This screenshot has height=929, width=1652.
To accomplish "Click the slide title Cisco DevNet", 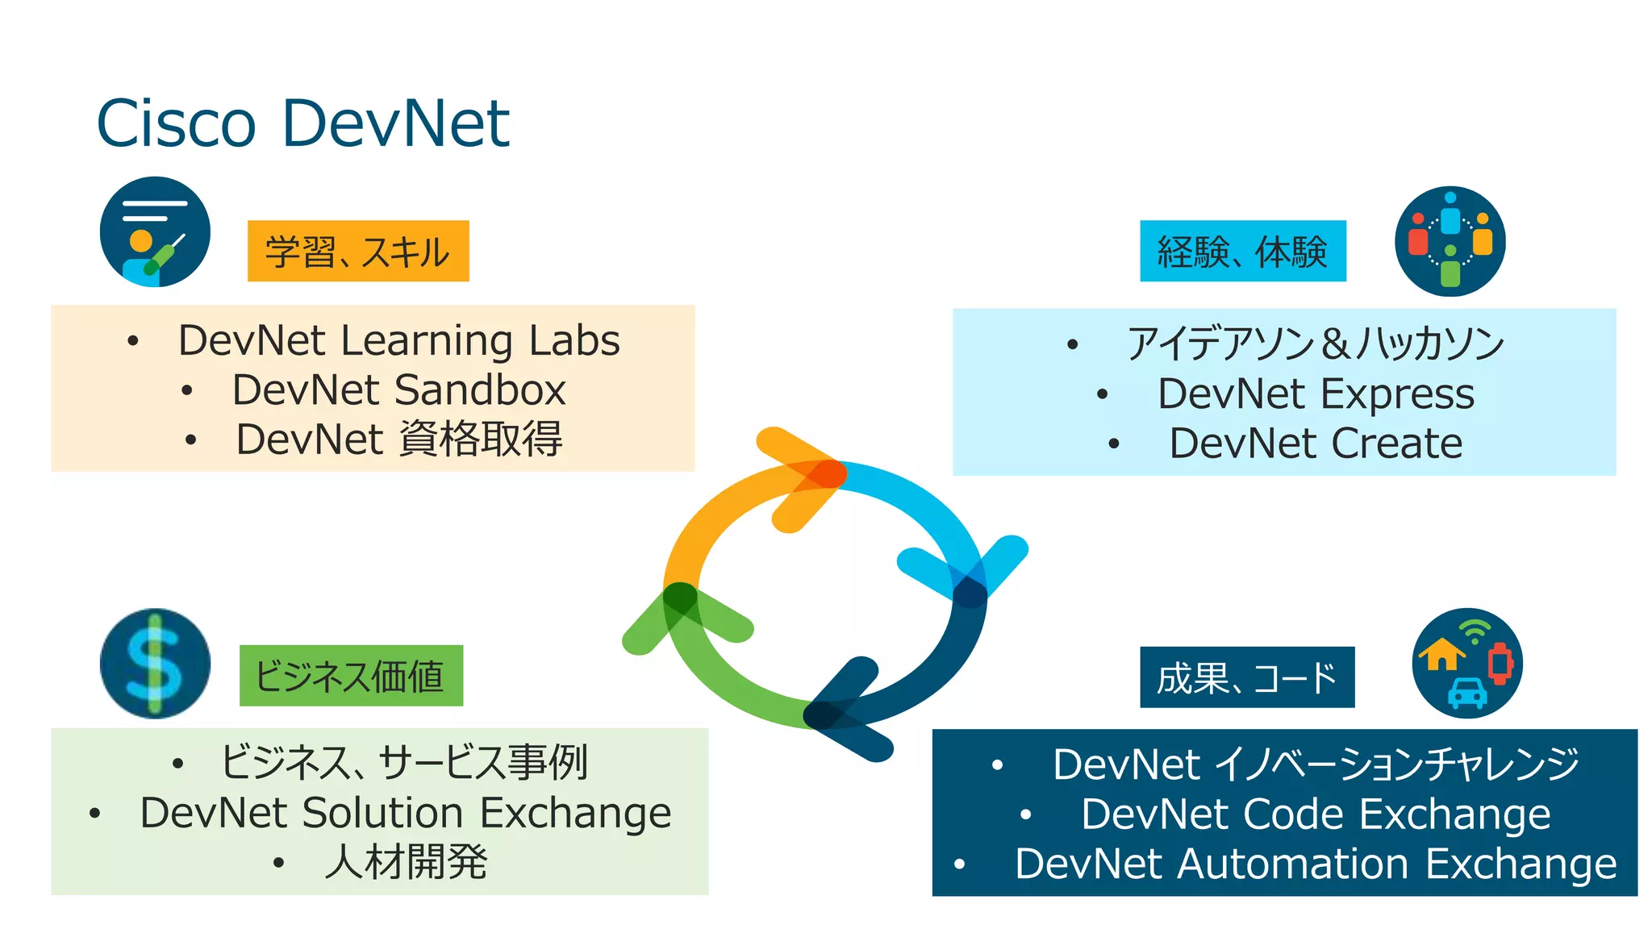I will pos(302,123).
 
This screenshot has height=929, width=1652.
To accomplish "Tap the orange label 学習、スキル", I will pos(358,252).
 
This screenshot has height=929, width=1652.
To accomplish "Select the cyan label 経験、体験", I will pos(1242,252).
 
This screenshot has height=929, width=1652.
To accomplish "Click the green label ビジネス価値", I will pos(351,676).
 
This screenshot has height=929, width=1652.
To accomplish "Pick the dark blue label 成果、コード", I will pos(1247,677).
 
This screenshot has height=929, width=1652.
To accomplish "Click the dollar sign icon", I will pos(155,663).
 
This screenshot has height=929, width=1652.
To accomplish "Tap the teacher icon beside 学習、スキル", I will pos(155,232).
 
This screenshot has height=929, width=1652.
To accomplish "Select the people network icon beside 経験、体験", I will pos(1450,241).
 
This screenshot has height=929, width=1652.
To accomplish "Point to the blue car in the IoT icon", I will pos(1467,693).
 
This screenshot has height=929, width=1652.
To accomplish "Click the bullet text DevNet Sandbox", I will pos(398,390).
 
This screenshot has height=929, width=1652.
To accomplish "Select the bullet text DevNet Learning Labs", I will pos(398,340).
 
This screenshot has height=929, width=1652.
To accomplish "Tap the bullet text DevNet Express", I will pos(1316,394).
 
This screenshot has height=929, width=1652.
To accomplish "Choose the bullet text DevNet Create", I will pos(1316,444).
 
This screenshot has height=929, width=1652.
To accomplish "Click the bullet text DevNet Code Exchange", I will pos(1316,814).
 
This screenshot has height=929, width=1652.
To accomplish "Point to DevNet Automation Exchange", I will pos(1316,864).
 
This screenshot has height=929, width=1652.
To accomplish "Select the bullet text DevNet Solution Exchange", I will pos(405,813).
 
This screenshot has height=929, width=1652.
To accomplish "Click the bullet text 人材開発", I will pos(405,862).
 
